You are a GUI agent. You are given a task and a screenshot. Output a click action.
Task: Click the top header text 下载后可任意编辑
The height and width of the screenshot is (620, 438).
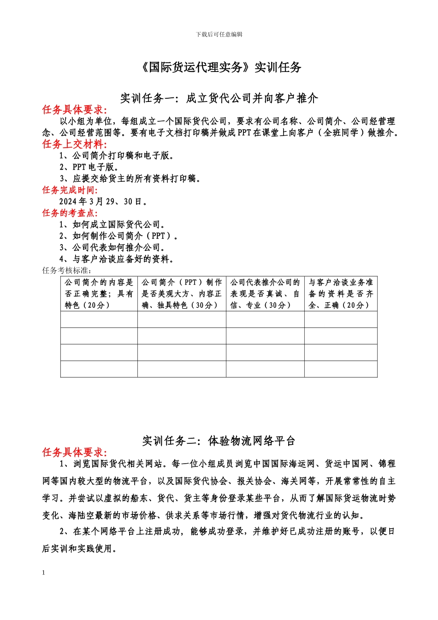(x=219, y=34)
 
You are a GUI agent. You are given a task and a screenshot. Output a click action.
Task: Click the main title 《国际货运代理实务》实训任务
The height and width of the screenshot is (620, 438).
(x=219, y=67)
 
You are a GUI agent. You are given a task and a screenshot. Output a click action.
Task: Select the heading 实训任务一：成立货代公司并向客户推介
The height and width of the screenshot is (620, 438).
(x=219, y=98)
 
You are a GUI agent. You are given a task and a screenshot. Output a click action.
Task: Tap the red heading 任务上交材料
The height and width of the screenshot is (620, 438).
(x=74, y=144)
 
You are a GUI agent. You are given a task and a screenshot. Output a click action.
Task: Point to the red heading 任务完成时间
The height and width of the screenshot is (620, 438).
(x=70, y=190)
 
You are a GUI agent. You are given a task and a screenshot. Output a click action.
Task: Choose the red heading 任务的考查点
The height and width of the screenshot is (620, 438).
(x=70, y=213)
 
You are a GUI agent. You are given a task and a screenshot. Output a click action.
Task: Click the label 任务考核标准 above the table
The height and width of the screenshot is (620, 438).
(x=67, y=270)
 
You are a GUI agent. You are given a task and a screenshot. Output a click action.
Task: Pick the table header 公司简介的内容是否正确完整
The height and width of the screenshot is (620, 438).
(x=99, y=293)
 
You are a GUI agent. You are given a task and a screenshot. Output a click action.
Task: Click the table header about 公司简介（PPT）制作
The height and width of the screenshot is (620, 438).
(x=181, y=293)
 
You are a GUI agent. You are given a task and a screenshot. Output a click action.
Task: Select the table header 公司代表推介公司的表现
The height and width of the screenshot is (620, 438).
(x=265, y=293)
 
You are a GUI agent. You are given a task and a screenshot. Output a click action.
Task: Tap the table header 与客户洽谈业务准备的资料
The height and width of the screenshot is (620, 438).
(x=341, y=293)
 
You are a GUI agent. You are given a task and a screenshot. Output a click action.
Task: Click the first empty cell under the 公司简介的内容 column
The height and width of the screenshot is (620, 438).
(x=99, y=319)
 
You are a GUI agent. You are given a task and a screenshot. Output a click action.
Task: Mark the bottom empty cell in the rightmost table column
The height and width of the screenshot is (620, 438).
(x=341, y=369)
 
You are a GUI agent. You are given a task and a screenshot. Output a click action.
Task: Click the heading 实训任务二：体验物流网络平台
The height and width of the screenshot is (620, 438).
(x=219, y=441)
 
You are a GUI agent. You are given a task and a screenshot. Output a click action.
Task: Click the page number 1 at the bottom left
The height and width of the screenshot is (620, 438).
(x=44, y=573)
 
